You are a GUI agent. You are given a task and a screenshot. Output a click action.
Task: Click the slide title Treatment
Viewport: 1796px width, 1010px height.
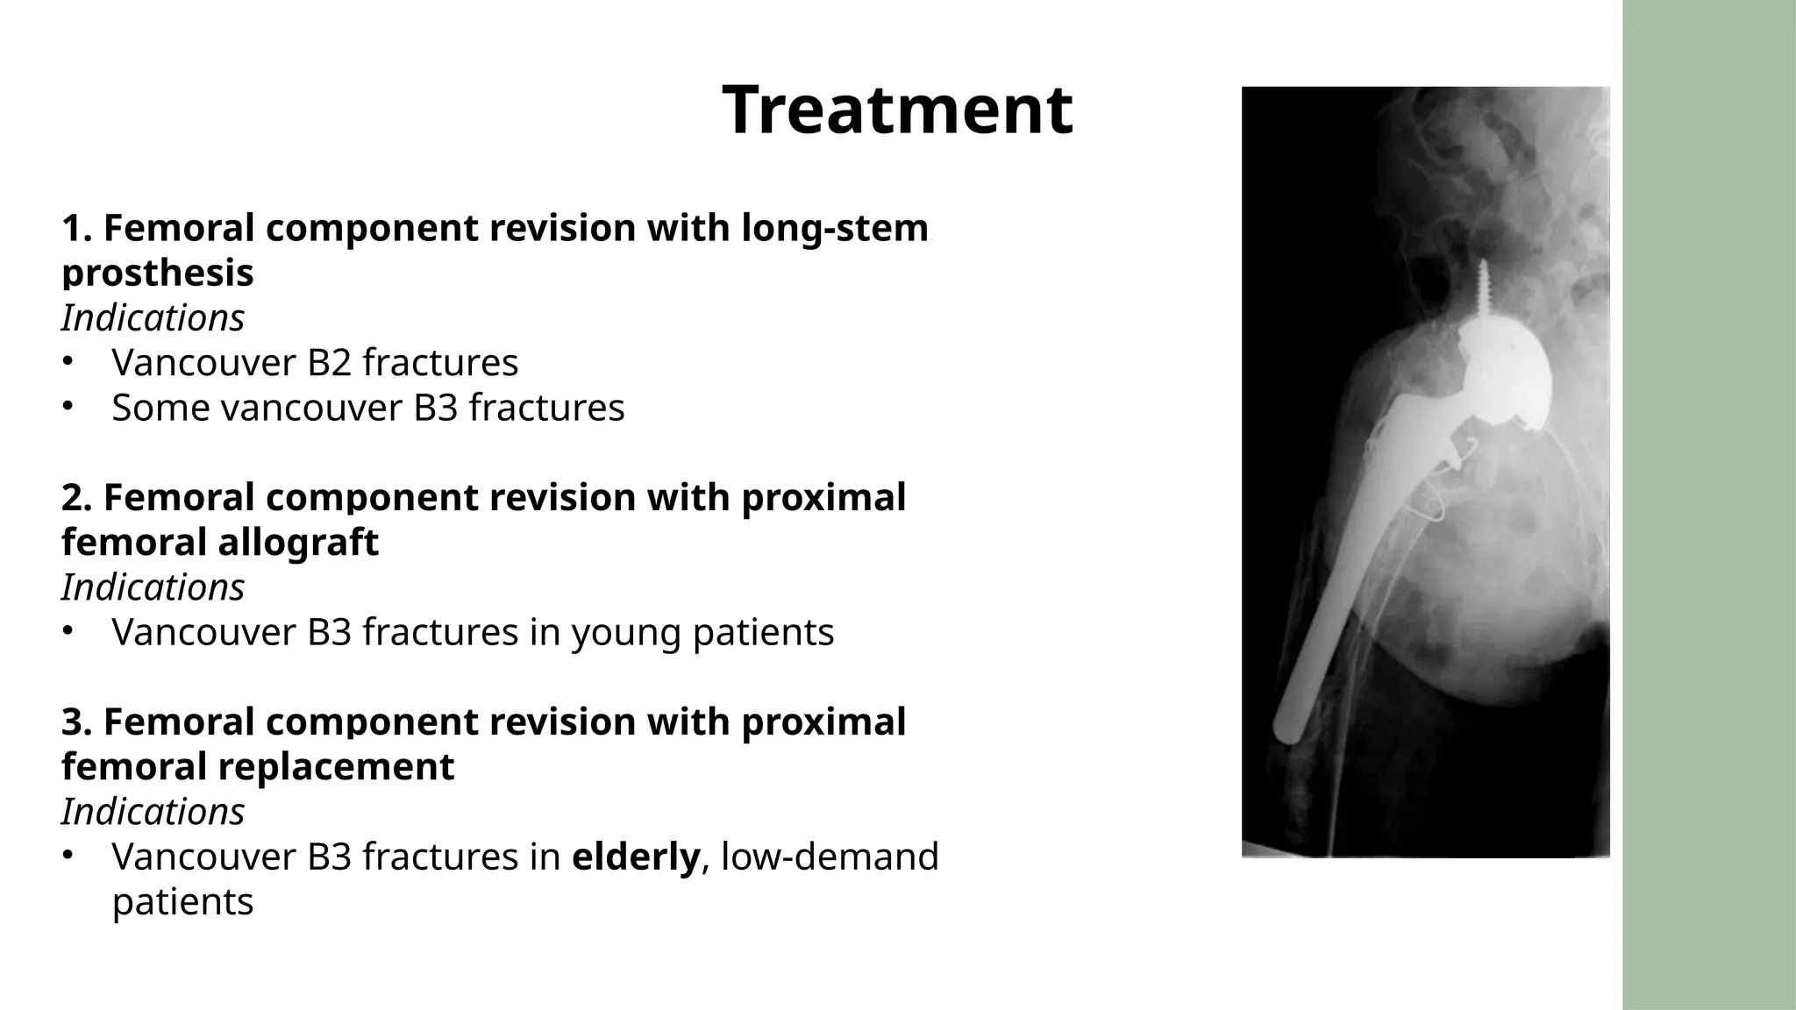pyautogui.click(x=897, y=110)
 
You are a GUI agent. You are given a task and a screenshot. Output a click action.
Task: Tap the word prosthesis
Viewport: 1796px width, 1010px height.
pyautogui.click(x=158, y=274)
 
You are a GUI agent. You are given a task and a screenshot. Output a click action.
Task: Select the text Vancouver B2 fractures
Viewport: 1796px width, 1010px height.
pyautogui.click(x=315, y=363)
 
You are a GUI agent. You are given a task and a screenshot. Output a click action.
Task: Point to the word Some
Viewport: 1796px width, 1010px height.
pyautogui.click(x=160, y=408)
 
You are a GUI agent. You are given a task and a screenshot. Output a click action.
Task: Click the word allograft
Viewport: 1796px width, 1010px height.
pyautogui.click(x=298, y=542)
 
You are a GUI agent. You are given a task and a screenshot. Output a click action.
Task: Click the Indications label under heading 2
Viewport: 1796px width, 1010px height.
pyautogui.click(x=153, y=587)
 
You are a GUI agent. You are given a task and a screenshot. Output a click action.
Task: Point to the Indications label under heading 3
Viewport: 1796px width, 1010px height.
pyautogui.click(x=153, y=812)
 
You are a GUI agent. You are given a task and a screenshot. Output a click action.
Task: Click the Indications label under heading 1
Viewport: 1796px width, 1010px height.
pyautogui.click(x=153, y=318)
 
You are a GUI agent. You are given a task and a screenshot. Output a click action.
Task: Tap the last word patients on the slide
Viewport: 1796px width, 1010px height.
pyautogui.click(x=182, y=902)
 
